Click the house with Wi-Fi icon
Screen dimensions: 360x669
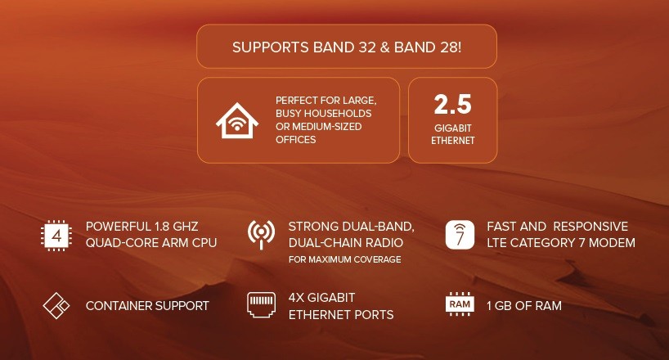click(x=236, y=120)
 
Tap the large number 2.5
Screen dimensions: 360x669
click(x=452, y=105)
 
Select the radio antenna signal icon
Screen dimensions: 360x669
click(x=261, y=234)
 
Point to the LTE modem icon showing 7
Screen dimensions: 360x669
click(x=460, y=234)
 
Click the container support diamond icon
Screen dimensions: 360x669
click(x=56, y=306)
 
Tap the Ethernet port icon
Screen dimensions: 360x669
click(x=261, y=306)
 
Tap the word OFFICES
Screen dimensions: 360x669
click(x=296, y=140)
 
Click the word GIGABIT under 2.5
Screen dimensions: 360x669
click(x=453, y=128)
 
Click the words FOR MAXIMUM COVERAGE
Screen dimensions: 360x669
click(x=344, y=259)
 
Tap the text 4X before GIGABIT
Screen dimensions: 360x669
click(x=299, y=298)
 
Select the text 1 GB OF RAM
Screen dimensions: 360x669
click(x=524, y=306)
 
